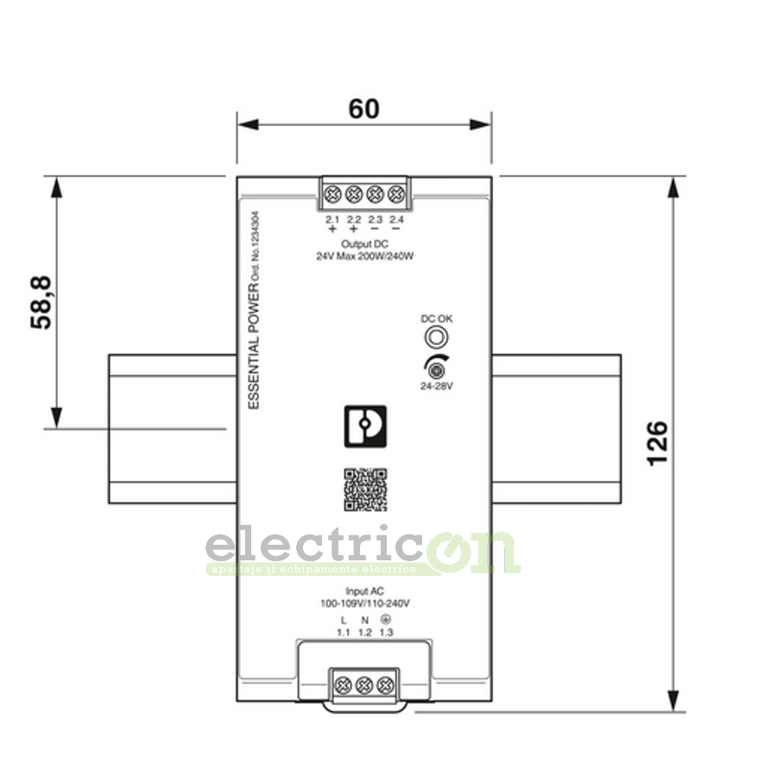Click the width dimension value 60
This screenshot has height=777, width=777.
[363, 110]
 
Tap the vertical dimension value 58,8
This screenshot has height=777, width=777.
[42, 302]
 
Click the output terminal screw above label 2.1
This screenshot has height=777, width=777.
[332, 194]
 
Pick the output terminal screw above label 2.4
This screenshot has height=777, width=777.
[397, 194]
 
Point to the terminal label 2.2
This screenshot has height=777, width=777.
[354, 220]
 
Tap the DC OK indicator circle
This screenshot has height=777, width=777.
[437, 337]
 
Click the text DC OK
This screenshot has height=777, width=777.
[437, 319]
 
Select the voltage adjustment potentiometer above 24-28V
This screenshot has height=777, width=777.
[437, 371]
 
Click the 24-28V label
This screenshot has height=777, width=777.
[437, 386]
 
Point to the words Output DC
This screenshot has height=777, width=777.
[364, 245]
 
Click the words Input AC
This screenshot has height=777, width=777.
[363, 591]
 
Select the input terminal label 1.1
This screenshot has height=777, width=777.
[343, 634]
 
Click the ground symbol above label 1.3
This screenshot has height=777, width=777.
[386, 620]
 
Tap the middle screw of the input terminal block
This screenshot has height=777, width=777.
[363, 685]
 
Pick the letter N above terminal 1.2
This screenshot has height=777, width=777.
[364, 621]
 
